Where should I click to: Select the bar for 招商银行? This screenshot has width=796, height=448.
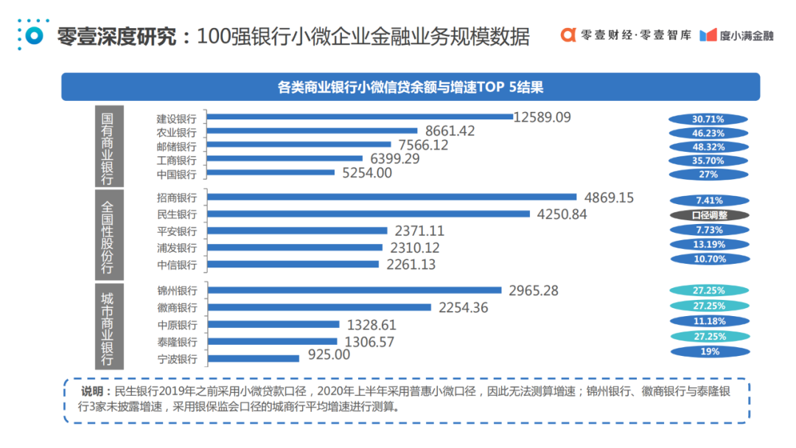[x=391, y=197]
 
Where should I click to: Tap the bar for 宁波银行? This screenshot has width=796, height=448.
[x=254, y=358]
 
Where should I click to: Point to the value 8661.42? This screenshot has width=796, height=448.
[x=450, y=131]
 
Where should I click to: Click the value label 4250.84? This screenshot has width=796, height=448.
[x=562, y=214]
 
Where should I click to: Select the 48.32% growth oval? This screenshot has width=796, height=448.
[x=708, y=147]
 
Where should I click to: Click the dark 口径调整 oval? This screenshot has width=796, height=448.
[x=708, y=215]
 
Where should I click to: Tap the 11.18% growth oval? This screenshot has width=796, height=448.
[x=708, y=321]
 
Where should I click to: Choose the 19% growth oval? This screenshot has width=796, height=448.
[x=708, y=351]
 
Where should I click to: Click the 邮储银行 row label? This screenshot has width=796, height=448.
[x=177, y=146]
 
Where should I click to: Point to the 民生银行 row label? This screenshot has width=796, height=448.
[x=177, y=214]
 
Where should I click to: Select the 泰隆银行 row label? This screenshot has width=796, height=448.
[x=177, y=342]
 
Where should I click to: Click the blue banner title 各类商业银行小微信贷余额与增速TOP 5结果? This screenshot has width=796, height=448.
[x=411, y=87]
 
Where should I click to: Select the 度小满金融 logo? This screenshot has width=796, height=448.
[x=736, y=35]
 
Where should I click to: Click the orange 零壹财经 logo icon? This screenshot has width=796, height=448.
[x=568, y=35]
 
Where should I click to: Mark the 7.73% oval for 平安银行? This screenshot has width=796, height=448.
[x=708, y=230]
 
